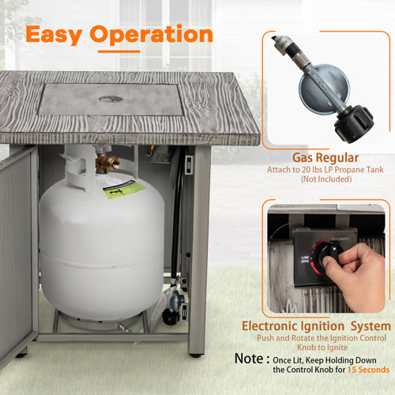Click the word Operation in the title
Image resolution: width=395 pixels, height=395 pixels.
(151, 35)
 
